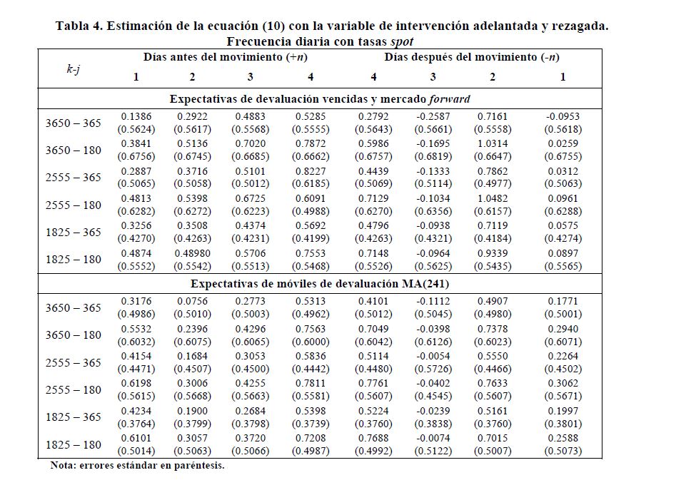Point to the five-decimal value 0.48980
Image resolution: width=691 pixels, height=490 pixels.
coord(192,252)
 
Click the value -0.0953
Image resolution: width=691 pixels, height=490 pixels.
coord(563,116)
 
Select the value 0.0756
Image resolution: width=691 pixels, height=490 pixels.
coord(192,300)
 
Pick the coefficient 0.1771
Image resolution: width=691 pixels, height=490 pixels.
coord(563,300)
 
